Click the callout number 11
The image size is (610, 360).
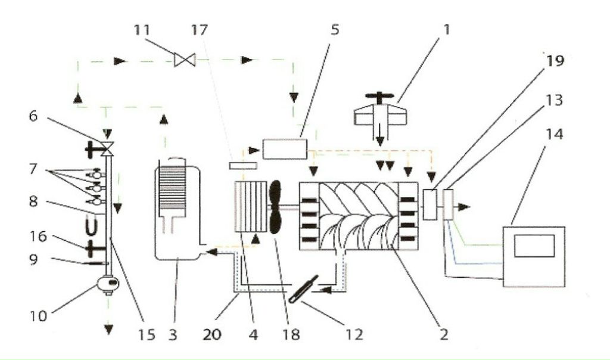click(x=142, y=30)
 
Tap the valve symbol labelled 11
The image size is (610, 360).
click(x=185, y=60)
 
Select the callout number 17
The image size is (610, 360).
click(x=200, y=30)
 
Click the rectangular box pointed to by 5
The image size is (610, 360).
click(x=285, y=149)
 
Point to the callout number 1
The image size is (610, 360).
click(x=447, y=30)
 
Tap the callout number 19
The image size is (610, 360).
click(x=555, y=61)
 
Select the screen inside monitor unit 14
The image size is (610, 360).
click(x=534, y=246)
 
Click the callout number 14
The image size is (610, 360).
click(x=555, y=135)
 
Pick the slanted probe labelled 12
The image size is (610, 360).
click(x=304, y=288)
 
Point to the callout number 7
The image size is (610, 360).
click(x=33, y=169)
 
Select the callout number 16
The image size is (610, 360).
click(x=38, y=236)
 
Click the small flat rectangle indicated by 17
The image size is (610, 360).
click(x=243, y=166)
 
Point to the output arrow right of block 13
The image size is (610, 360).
click(x=463, y=207)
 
